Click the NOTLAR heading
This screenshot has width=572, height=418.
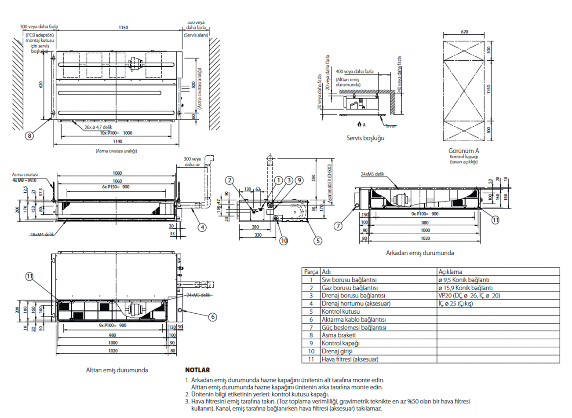pyautogui.click(x=197, y=370)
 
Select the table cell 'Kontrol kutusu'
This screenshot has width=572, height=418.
pyautogui.click(x=340, y=312)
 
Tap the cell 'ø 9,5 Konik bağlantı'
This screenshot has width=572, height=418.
pyautogui.click(x=463, y=280)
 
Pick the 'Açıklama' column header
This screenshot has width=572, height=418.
pyautogui.click(x=450, y=272)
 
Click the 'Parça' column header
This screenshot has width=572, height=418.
pyautogui.click(x=311, y=272)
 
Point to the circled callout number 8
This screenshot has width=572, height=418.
pyautogui.click(x=29, y=136)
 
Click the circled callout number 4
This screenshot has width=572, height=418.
pyautogui.click(x=202, y=227)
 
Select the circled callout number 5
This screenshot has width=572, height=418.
pyautogui.click(x=317, y=241)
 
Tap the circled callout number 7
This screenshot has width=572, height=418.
pyautogui.click(x=338, y=226)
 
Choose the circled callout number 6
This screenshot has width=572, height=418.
pyautogui.click(x=213, y=317)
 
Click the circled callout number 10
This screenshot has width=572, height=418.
pyautogui.click(x=284, y=241)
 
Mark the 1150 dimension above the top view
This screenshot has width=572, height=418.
pyautogui.click(x=123, y=28)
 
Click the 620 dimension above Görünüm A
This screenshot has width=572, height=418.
pyautogui.click(x=465, y=32)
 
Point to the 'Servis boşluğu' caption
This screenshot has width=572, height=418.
pyautogui.click(x=365, y=138)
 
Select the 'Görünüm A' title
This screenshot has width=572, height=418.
pyautogui.click(x=464, y=150)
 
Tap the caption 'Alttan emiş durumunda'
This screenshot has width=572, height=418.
pyautogui.click(x=117, y=370)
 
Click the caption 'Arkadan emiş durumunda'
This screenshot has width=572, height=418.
pyautogui.click(x=420, y=253)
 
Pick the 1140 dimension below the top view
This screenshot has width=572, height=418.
pyautogui.click(x=117, y=142)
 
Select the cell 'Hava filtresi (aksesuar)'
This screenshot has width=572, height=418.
pyautogui.click(x=350, y=359)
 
